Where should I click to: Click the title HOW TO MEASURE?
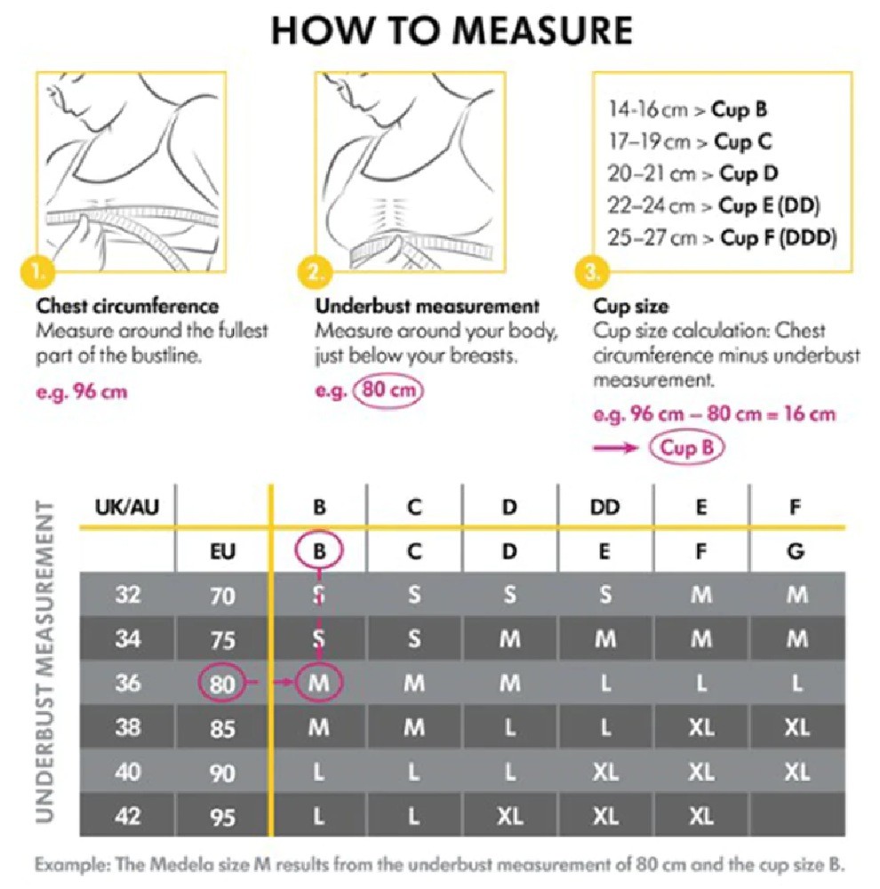[x=452, y=30]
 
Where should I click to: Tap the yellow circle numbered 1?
[x=37, y=273]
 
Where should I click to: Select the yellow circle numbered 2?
[x=315, y=273]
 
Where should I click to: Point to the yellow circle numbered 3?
[x=592, y=273]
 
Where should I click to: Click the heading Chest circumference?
[x=128, y=306]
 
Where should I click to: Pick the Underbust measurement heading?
[x=428, y=306]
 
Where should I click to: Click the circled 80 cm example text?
[x=388, y=390]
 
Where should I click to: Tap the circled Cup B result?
[x=687, y=447]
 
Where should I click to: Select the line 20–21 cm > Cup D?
[x=692, y=173]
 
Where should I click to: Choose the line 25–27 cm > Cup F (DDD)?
[x=722, y=237]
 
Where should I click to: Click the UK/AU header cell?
[x=127, y=507]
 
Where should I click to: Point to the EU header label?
[x=222, y=551]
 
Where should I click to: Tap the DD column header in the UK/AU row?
[x=605, y=507]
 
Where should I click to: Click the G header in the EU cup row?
[x=796, y=551]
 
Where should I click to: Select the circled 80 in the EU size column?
[x=221, y=683]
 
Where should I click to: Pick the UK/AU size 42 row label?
[x=128, y=816]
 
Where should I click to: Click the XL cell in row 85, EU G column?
[x=796, y=727]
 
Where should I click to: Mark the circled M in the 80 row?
[x=318, y=682]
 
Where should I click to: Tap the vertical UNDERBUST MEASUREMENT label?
[x=45, y=661]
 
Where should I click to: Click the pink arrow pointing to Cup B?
[x=615, y=448]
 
